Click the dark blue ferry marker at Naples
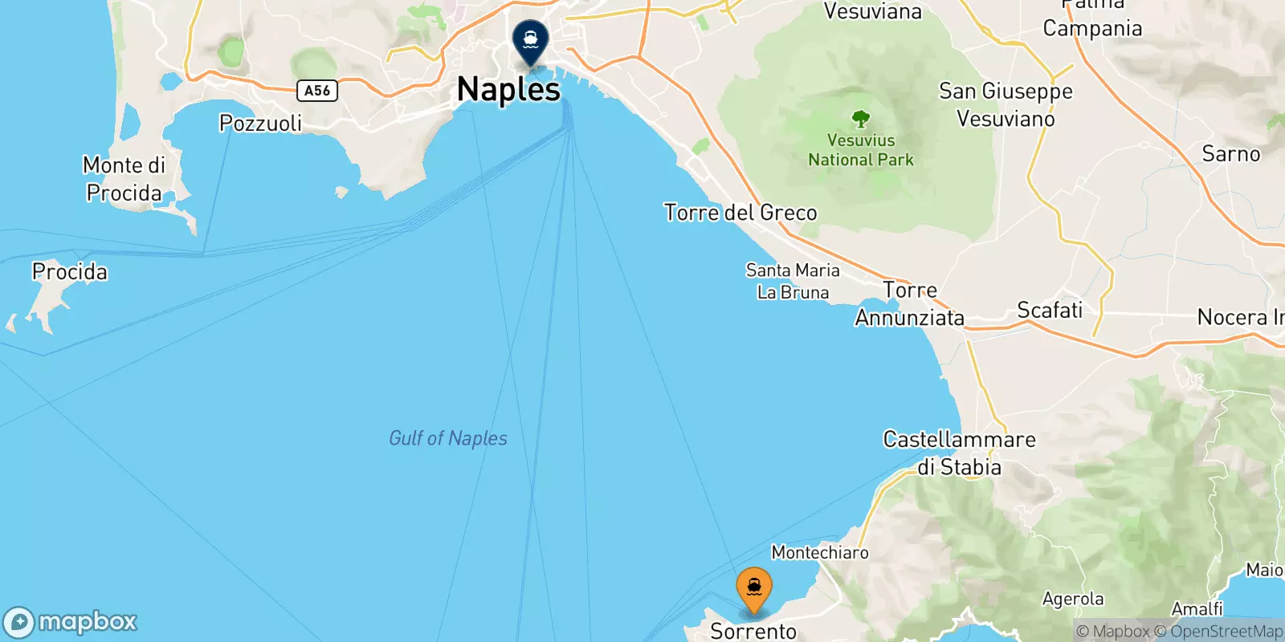tap(530, 39)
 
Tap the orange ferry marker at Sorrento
tap(753, 587)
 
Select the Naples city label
tap(508, 89)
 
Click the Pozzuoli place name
tap(260, 123)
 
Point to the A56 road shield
tap(317, 91)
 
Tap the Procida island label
tap(70, 272)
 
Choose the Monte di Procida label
tap(124, 179)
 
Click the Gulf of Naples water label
tap(448, 438)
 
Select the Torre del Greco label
tap(740, 213)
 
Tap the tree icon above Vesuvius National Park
tap(861, 120)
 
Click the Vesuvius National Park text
tap(861, 150)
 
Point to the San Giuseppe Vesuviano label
tap(1006, 105)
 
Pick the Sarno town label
tap(1230, 154)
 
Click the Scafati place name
tap(1050, 310)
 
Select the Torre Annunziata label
tap(910, 304)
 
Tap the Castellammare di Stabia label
tap(959, 453)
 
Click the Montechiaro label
tap(820, 552)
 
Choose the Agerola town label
tap(1072, 599)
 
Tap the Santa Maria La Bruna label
tap(793, 282)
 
